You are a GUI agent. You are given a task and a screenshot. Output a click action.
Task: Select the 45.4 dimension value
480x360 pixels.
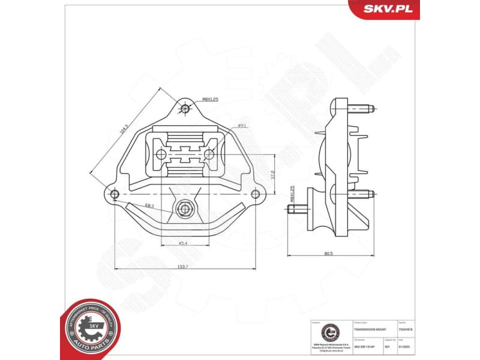(x=184, y=243)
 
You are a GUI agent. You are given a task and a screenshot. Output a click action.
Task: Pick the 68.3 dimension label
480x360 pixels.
(x=149, y=206)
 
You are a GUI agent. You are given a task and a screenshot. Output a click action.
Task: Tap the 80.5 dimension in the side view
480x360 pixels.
(x=328, y=253)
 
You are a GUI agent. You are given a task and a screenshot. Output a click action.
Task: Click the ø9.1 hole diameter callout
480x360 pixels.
(x=243, y=125)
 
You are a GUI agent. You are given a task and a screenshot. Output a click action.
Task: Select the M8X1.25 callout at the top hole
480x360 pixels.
(x=210, y=100)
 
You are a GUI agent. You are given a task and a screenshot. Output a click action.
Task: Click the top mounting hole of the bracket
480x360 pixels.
(x=185, y=109)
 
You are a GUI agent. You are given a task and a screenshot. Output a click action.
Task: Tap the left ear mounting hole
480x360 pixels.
(x=115, y=193)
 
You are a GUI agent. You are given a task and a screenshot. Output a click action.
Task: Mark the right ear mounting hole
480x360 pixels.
(x=257, y=193)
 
